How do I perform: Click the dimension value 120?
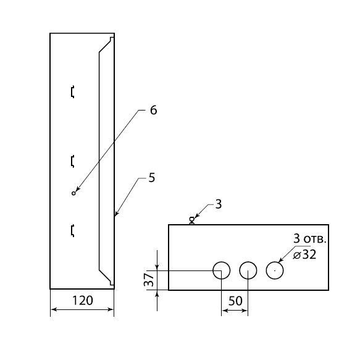(x=83, y=300)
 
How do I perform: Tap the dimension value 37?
(x=149, y=280)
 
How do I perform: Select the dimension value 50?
(x=235, y=301)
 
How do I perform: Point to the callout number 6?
(x=154, y=110)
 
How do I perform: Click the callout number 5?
(x=152, y=177)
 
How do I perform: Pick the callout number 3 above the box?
(x=219, y=204)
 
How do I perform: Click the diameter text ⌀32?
(x=304, y=254)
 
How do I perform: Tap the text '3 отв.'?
(x=310, y=239)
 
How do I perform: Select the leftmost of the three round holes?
(x=222, y=262)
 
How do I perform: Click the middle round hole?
(x=248, y=262)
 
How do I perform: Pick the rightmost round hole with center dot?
(x=275, y=262)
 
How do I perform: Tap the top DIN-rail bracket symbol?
(x=72, y=92)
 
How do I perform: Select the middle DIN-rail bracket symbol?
(x=72, y=162)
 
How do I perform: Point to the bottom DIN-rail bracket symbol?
(x=72, y=230)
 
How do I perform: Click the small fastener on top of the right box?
(x=191, y=220)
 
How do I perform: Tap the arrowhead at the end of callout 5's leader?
(x=116, y=214)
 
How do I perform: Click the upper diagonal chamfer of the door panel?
(x=105, y=46)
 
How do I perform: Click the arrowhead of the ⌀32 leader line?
(x=281, y=259)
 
